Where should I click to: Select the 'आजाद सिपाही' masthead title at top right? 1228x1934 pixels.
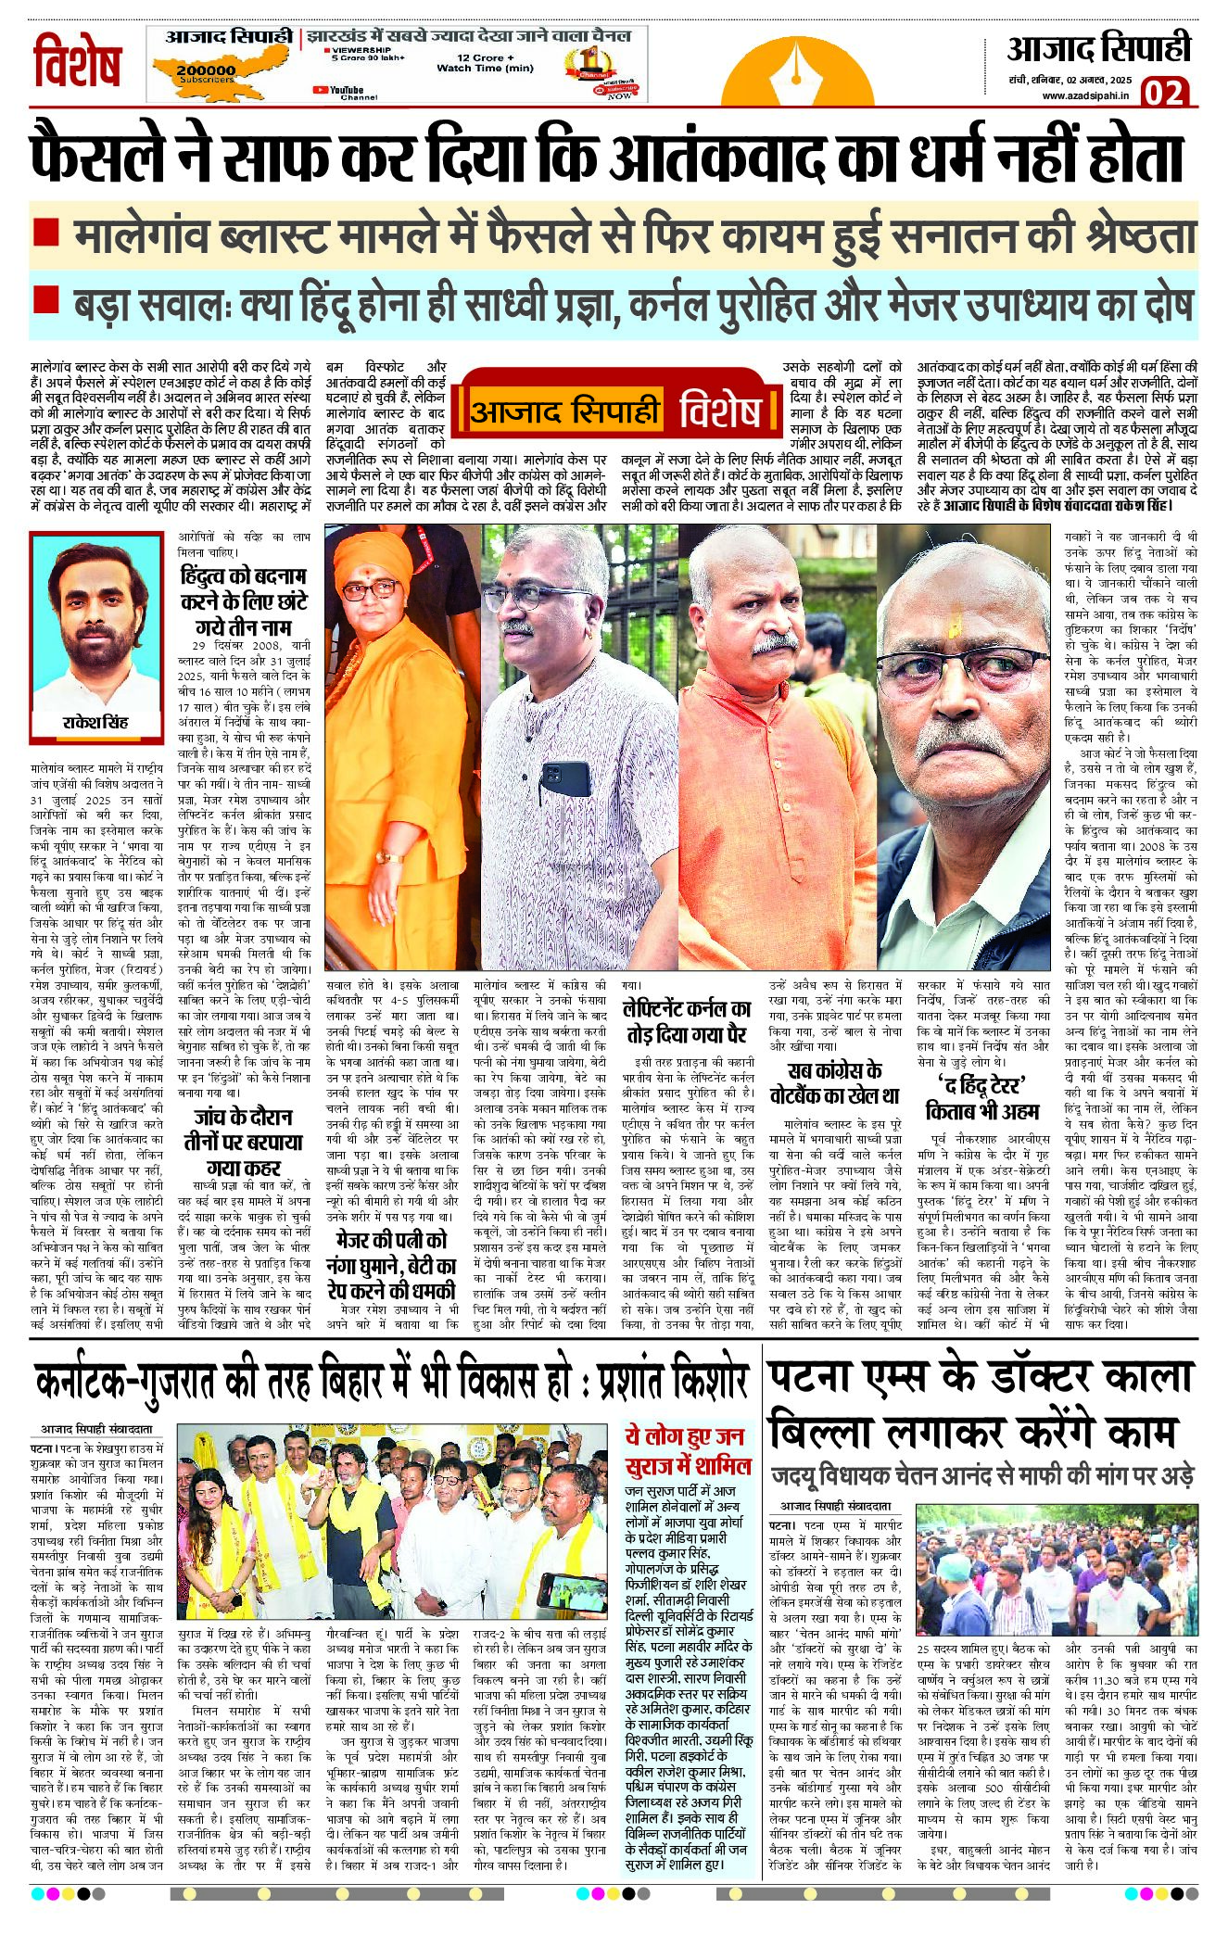(1098, 48)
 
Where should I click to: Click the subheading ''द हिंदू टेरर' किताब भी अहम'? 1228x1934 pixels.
(982, 1097)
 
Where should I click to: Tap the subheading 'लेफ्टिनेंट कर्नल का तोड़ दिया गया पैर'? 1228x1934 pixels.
(687, 1020)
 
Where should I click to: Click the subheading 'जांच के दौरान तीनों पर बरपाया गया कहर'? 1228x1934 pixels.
(244, 1142)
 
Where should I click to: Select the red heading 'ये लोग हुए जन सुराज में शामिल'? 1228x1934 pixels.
(684, 1450)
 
